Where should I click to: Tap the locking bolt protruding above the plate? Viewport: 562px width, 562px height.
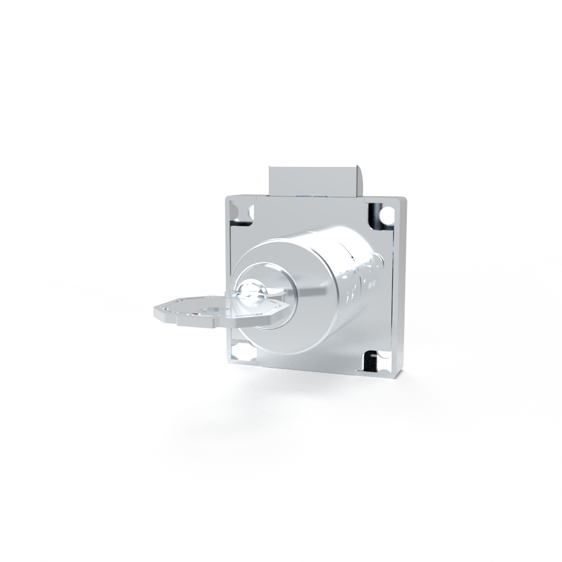tap(312, 180)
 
